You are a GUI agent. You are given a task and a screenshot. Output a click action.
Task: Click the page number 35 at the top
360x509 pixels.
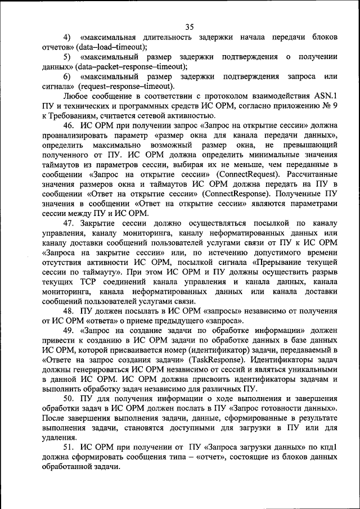[x=189, y=26]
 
